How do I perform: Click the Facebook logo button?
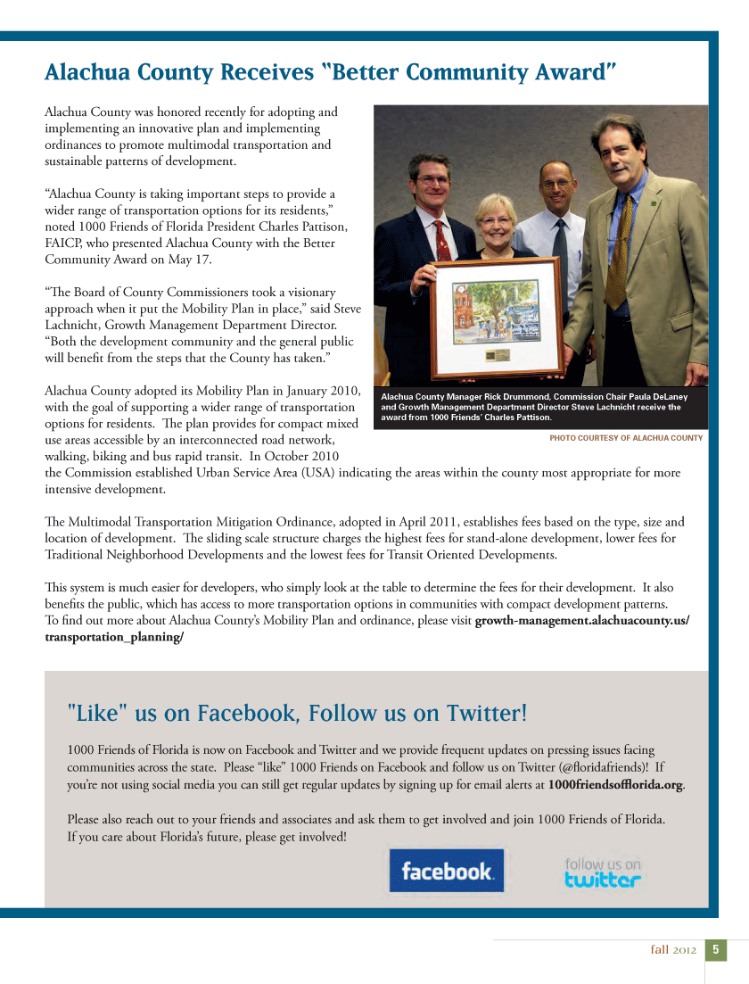(446, 871)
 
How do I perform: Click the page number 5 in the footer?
(716, 950)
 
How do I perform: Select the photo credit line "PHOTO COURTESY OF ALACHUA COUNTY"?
(626, 438)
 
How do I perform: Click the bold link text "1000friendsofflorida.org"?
(615, 784)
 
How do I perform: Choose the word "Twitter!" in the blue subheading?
(487, 713)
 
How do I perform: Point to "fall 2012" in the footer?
(673, 950)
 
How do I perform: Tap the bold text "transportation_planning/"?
(114, 638)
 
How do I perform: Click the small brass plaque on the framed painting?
(497, 356)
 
